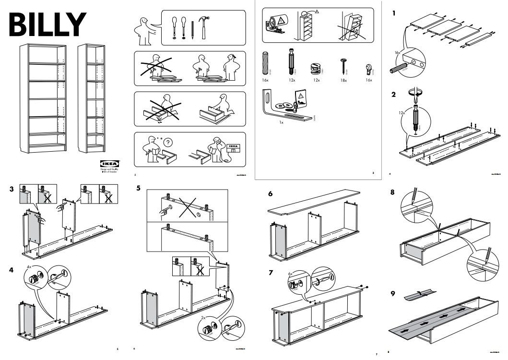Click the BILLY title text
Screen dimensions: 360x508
pos(47,23)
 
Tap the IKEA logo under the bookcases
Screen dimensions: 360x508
pos(110,163)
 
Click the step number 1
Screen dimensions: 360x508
pos(393,13)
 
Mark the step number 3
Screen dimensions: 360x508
pos(11,189)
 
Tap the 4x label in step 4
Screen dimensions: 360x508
pos(29,266)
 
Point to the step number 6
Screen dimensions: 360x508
pos(271,194)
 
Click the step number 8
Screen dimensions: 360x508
pos(393,192)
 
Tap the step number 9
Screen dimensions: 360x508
pos(393,293)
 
